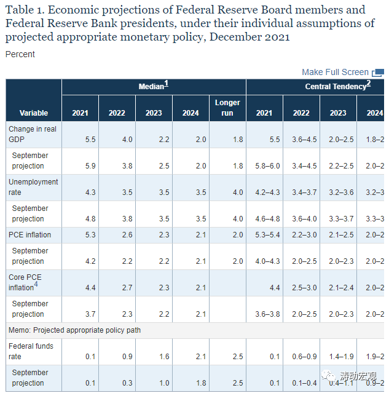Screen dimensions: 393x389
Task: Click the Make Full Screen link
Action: (x=335, y=72)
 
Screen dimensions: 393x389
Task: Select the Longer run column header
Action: (x=227, y=108)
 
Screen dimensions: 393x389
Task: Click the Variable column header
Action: (x=34, y=113)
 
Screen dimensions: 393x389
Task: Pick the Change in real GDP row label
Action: (x=33, y=134)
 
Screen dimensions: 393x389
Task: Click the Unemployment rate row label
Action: (x=33, y=187)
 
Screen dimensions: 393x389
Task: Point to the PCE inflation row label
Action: (x=30, y=234)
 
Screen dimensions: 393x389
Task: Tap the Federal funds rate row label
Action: (x=31, y=351)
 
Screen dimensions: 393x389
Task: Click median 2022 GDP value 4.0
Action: (x=127, y=140)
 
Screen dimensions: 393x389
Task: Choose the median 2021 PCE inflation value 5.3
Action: (x=90, y=235)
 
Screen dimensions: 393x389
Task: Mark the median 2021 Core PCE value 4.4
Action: (x=90, y=288)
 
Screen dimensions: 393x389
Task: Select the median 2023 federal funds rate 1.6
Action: (x=164, y=357)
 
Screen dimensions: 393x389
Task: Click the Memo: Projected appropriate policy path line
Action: (x=75, y=330)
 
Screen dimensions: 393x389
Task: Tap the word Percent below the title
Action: (x=20, y=54)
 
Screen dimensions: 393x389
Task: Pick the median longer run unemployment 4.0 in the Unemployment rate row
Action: (x=238, y=193)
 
